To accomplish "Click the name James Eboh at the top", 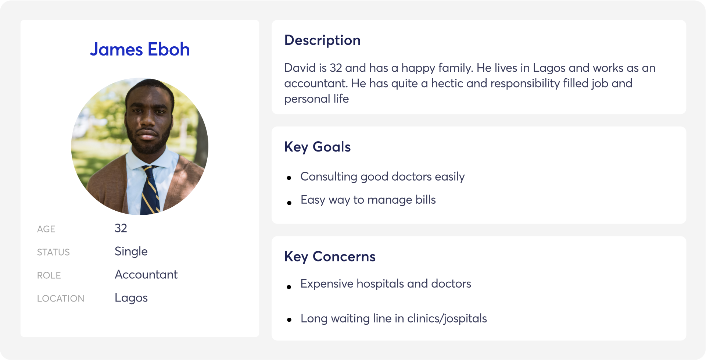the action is coord(140,49).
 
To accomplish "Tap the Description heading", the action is coord(322,40).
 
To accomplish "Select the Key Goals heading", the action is coord(318,147).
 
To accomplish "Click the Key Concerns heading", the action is coord(330,257).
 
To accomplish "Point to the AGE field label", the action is coord(46,229).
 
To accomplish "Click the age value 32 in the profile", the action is coord(121,228).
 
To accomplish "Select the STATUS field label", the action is coord(53,252).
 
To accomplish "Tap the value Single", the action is coord(131,252).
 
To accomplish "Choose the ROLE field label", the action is coord(49,275).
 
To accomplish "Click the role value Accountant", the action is coord(146,275).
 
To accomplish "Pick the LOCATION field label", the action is coord(61,299).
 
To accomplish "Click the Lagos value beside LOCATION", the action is coord(131,298).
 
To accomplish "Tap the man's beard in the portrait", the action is coord(149,142).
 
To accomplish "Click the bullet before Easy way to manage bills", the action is coord(289,203).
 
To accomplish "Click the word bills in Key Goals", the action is coord(426,200).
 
